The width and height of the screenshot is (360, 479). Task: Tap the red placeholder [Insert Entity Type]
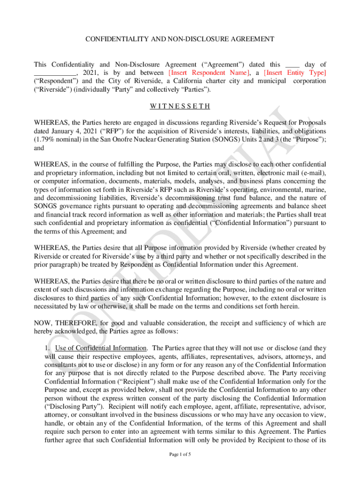[x=295, y=73]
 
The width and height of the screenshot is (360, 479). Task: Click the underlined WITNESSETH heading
[x=180, y=106]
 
